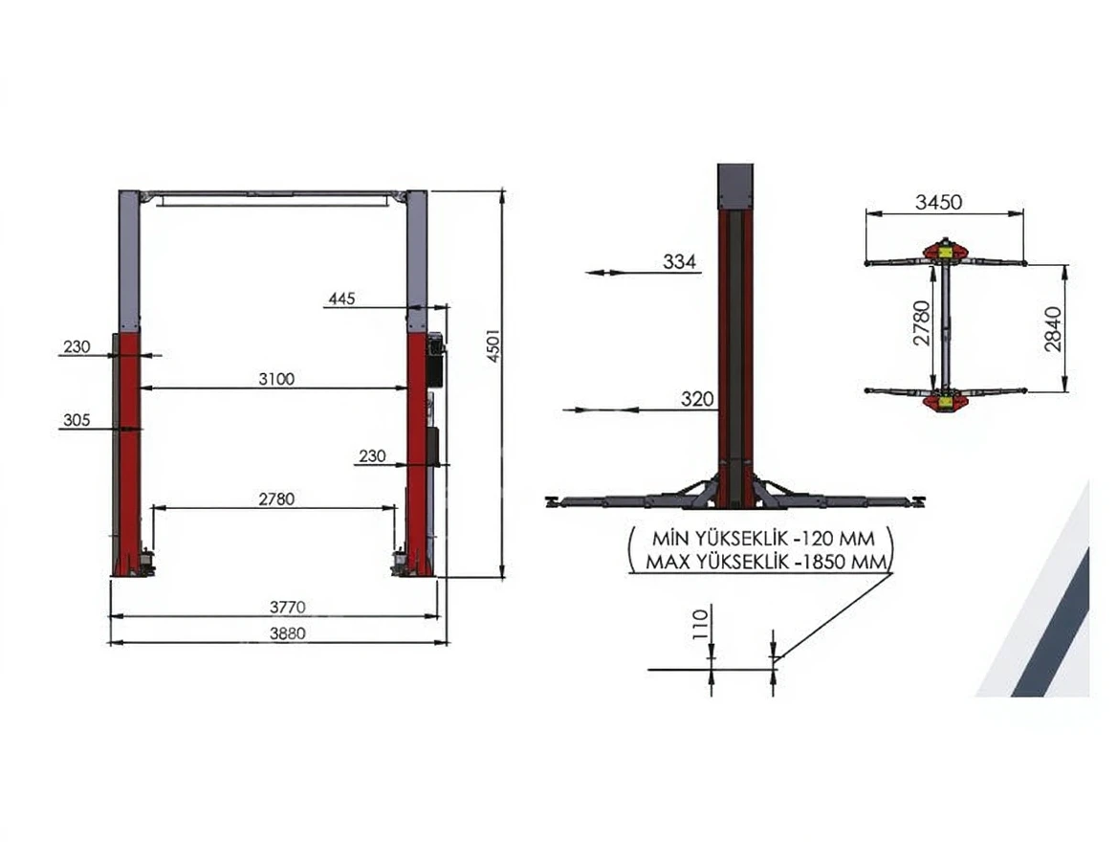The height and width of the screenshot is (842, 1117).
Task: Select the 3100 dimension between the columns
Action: click(x=276, y=379)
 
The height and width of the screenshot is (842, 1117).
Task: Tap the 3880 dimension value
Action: click(x=287, y=633)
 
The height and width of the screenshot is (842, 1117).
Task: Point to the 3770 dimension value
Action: click(x=287, y=607)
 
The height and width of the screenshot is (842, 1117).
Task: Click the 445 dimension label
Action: click(x=342, y=298)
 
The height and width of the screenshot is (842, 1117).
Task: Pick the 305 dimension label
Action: click(x=77, y=420)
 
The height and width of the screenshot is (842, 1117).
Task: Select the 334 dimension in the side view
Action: click(x=679, y=261)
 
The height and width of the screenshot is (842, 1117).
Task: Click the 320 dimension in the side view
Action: click(x=697, y=399)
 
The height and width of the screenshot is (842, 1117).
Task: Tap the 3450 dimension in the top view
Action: click(x=938, y=202)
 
